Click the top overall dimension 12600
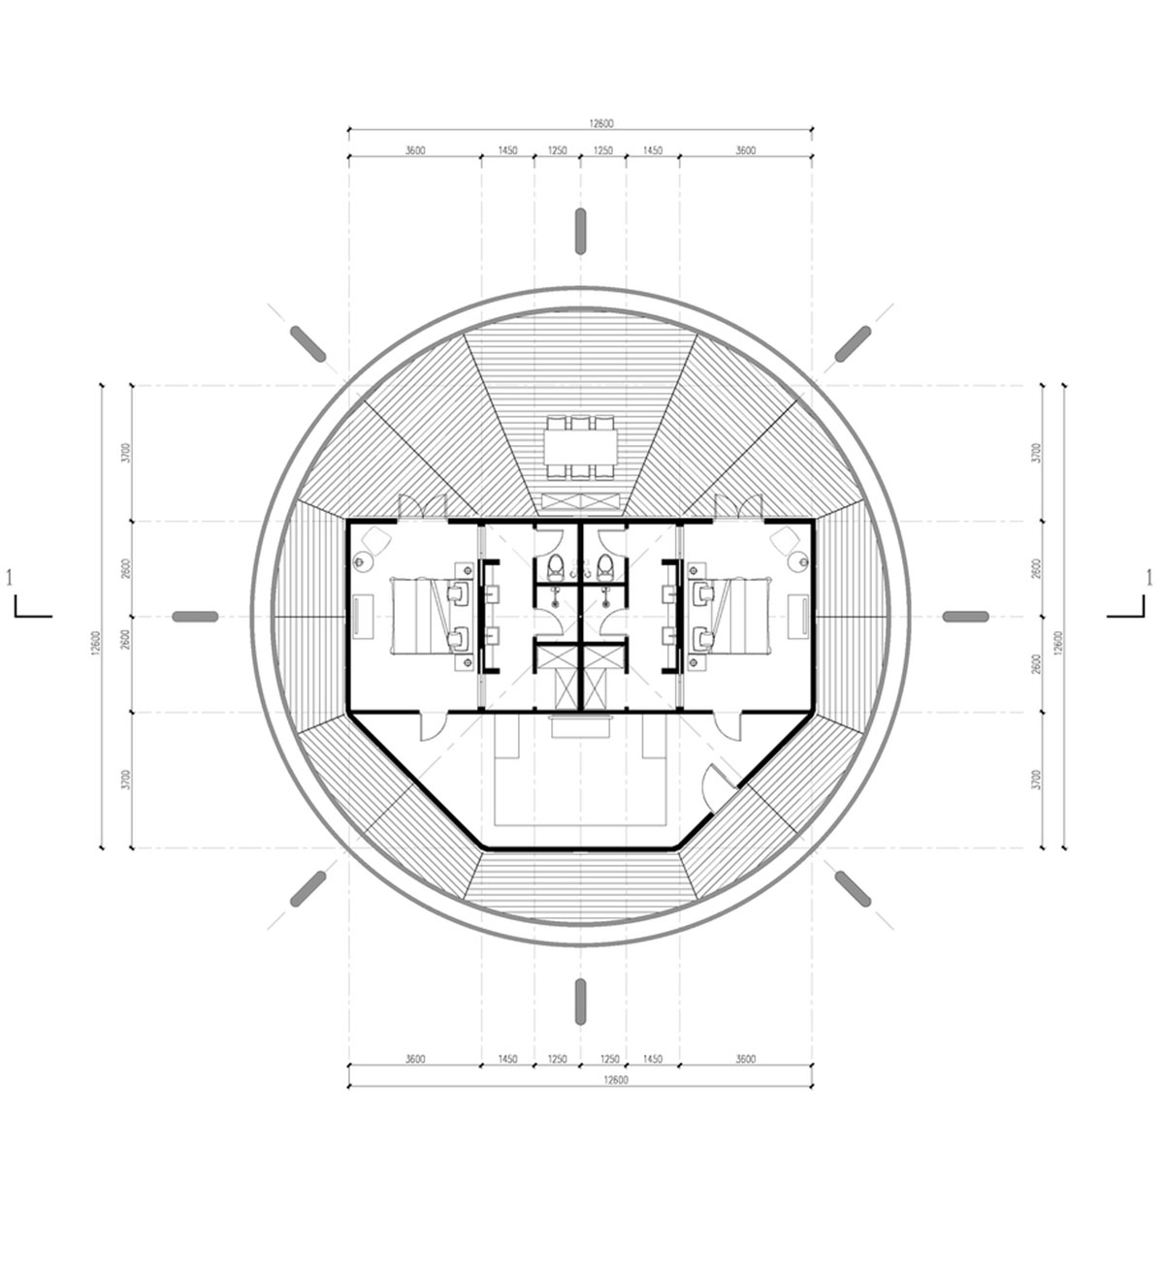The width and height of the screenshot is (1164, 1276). click(x=600, y=123)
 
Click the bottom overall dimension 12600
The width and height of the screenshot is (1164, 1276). click(x=615, y=1079)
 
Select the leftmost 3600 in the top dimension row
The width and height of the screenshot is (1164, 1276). click(x=415, y=150)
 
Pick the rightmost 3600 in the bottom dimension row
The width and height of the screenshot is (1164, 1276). click(x=745, y=1059)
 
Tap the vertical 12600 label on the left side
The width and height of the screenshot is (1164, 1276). click(x=96, y=643)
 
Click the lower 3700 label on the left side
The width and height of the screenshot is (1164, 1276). click(x=127, y=780)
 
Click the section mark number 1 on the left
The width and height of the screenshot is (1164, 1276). click(x=9, y=578)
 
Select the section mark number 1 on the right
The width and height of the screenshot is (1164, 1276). click(x=1148, y=578)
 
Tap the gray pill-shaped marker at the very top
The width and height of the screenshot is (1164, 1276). click(x=580, y=232)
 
